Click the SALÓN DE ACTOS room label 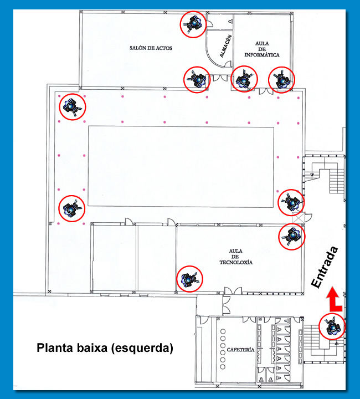coord(151,48)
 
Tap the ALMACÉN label coord(226,46)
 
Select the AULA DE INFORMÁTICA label coord(262,49)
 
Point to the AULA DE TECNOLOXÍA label coord(236,257)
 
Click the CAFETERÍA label coord(240,350)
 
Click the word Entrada coord(325,267)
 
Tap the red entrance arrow coord(334,299)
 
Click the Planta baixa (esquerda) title coord(105,348)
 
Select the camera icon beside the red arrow coord(332,326)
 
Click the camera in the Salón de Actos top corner coord(193,24)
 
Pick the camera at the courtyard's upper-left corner coord(73,107)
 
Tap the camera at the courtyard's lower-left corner coord(71,209)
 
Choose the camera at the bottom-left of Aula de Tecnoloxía coord(189,279)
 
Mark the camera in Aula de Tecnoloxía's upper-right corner coord(292,237)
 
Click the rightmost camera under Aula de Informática coord(282,80)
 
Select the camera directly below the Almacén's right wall coord(244,79)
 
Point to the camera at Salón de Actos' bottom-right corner coord(197,80)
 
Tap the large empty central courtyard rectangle coord(181,166)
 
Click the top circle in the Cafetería coord(223,331)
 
